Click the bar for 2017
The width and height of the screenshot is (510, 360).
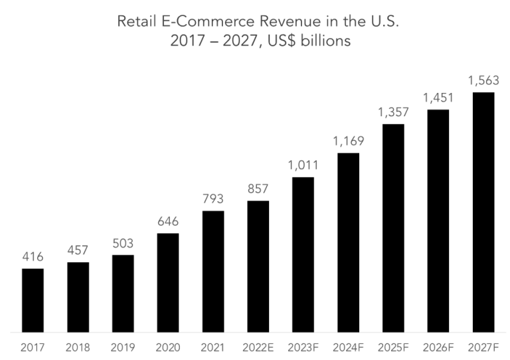pos(33,300)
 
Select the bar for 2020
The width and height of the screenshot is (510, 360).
pos(168,282)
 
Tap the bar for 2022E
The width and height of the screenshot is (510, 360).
pos(258,266)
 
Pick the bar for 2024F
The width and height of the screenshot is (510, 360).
pos(349,242)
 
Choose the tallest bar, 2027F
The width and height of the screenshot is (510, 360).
pos(483,212)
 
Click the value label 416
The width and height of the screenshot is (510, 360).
pos(33,257)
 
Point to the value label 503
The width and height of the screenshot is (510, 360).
pos(123,244)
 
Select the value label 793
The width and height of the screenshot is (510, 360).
pos(213,199)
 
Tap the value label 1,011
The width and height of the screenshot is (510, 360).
pos(303,165)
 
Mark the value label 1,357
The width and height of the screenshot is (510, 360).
pos(393,112)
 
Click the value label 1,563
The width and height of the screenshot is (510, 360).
pos(483,80)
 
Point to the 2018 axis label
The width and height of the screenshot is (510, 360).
pos(78,346)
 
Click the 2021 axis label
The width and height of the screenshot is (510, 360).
pos(213,346)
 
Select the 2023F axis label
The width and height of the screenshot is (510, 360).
pos(303,346)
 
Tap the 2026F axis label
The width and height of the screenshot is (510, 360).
pos(438,346)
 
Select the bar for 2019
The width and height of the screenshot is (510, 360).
pos(123,293)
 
